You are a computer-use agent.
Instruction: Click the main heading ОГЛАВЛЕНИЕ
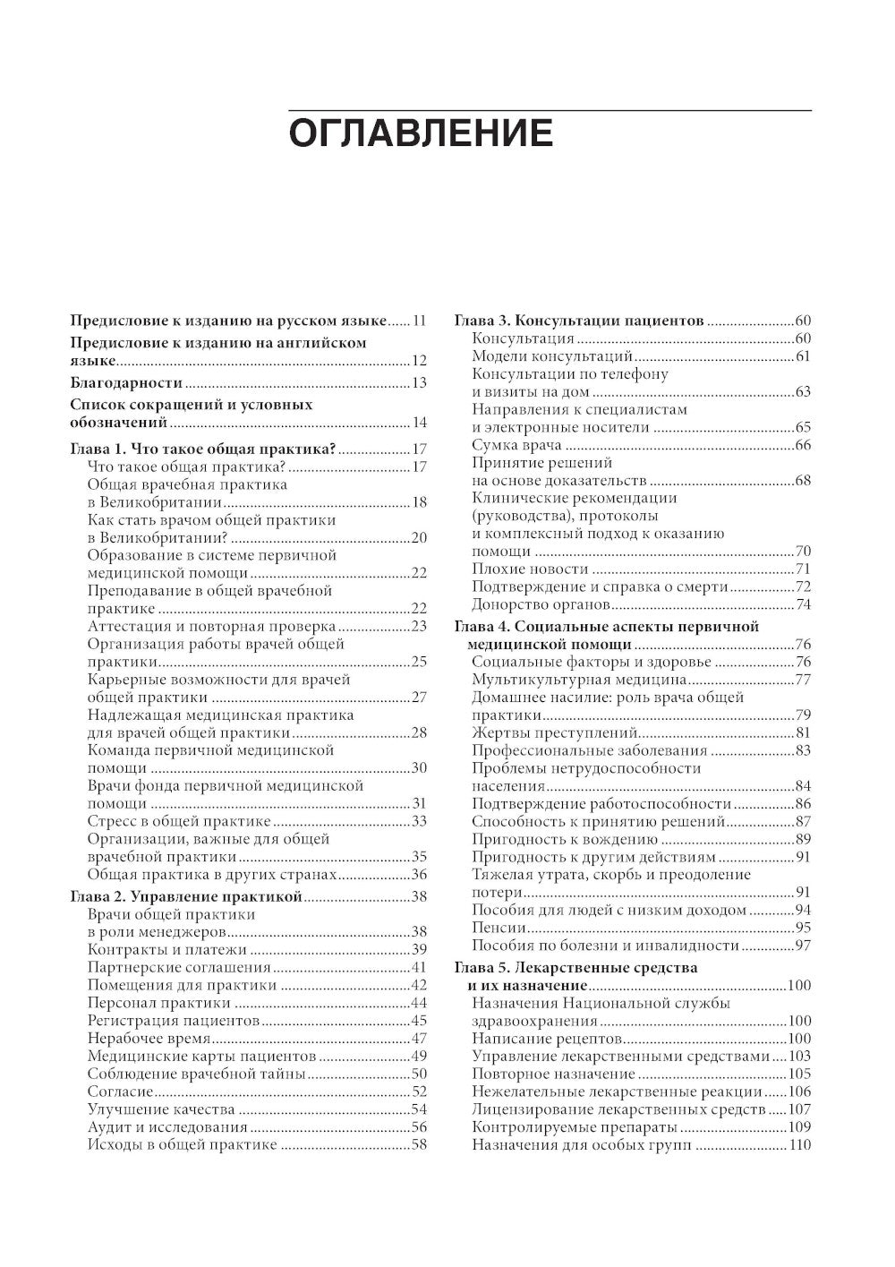pyautogui.click(x=420, y=133)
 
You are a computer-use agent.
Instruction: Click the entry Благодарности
pyautogui.click(x=126, y=383)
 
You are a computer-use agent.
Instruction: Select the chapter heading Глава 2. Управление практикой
pyautogui.click(x=186, y=896)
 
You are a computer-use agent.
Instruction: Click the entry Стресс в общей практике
pyautogui.click(x=179, y=821)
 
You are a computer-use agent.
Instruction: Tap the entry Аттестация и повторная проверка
pyautogui.click(x=212, y=627)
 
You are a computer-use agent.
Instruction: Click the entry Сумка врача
pyautogui.click(x=516, y=445)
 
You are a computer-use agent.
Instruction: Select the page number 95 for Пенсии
pyautogui.click(x=802, y=928)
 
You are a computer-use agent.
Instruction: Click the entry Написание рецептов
pyautogui.click(x=547, y=1039)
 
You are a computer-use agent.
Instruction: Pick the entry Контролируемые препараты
pyautogui.click(x=574, y=1127)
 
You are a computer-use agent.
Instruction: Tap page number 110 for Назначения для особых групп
pyautogui.click(x=798, y=1145)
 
